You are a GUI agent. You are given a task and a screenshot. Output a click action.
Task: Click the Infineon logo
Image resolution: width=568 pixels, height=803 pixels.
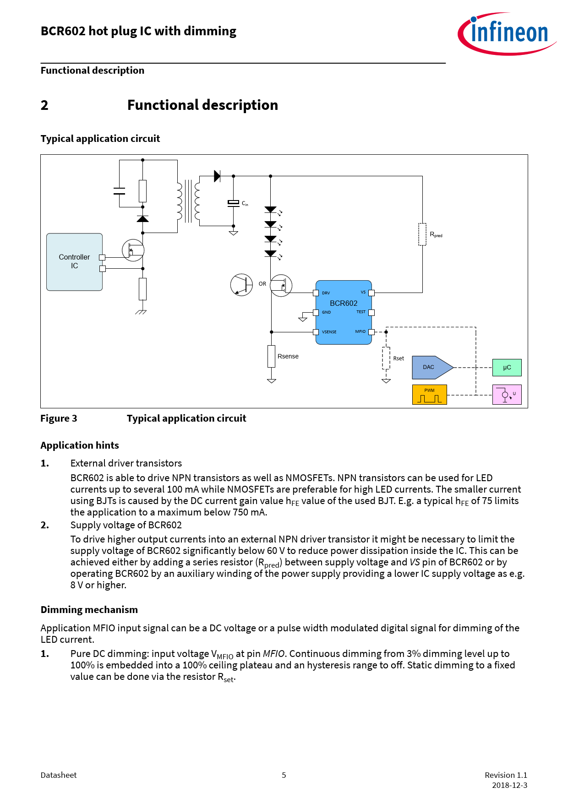[x=507, y=33]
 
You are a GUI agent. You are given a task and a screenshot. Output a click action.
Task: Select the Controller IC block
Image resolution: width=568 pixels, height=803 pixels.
[x=74, y=262]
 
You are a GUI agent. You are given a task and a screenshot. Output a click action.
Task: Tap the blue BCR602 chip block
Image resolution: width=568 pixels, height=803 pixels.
[x=344, y=312]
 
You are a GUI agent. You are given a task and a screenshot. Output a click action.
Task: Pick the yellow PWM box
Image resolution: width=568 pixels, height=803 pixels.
[x=429, y=395]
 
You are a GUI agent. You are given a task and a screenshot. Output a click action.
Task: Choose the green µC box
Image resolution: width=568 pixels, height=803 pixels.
[x=507, y=368]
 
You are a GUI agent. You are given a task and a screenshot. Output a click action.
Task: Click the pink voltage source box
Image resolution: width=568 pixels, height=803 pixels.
[x=507, y=395]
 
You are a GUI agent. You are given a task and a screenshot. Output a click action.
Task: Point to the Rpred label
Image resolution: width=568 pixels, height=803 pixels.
[x=436, y=235]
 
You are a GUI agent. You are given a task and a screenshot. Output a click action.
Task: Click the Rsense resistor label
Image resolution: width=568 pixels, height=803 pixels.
[x=288, y=356]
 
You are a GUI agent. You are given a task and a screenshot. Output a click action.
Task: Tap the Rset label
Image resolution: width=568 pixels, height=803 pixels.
[x=399, y=358]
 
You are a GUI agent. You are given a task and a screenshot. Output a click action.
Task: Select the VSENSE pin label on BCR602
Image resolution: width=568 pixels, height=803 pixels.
[x=329, y=332]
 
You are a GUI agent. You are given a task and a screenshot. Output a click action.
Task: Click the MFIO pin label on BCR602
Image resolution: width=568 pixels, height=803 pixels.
[x=360, y=331]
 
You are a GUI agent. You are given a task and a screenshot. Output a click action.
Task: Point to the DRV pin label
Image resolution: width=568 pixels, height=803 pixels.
[x=326, y=293]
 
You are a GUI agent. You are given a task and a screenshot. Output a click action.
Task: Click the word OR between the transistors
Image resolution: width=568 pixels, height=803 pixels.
[x=262, y=284]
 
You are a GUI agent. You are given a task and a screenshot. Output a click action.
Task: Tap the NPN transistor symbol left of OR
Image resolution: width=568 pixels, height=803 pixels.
[x=241, y=285]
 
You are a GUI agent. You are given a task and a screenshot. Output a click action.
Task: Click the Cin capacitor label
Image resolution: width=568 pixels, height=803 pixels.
[x=245, y=204]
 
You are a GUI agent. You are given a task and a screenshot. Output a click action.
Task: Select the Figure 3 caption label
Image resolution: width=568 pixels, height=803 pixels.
[x=59, y=418]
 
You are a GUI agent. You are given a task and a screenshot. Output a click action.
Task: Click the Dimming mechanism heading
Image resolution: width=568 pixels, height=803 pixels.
[x=89, y=610]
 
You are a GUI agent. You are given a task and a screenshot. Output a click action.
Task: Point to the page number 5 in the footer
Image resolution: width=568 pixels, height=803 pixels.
[x=284, y=775]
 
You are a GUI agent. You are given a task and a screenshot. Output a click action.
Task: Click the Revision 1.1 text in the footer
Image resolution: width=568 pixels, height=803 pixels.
[x=506, y=775]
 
